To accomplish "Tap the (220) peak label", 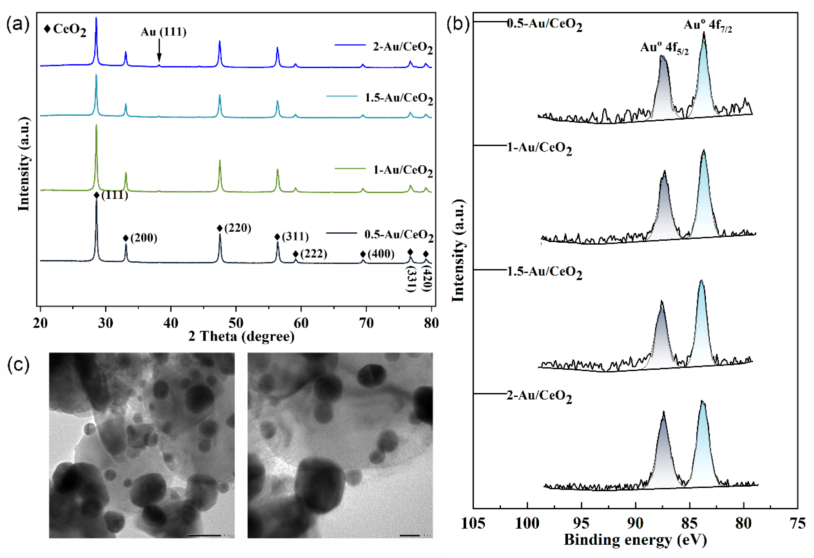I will point(238,228).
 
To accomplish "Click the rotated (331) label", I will point(410,279).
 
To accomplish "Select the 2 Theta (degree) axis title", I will point(241,336).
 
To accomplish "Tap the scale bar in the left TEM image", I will point(204,535).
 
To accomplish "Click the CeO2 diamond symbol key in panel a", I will point(47,29).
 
